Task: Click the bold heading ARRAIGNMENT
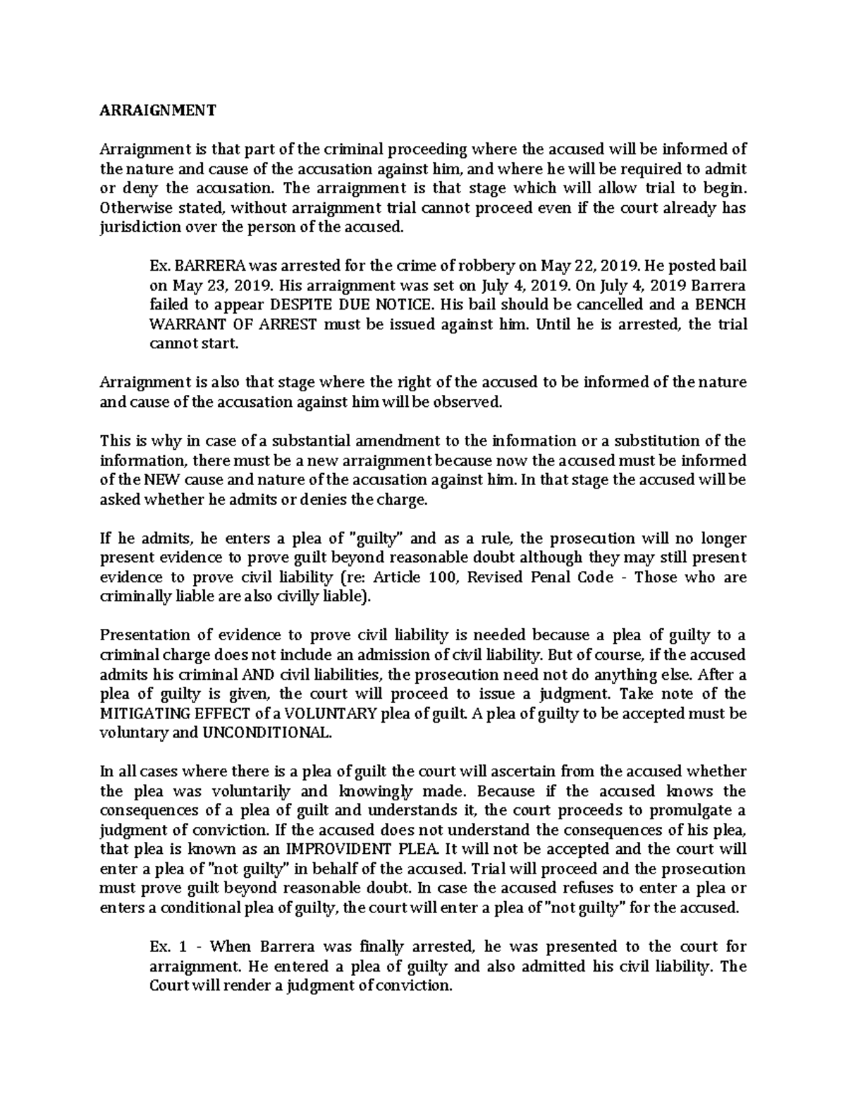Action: coord(158,111)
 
